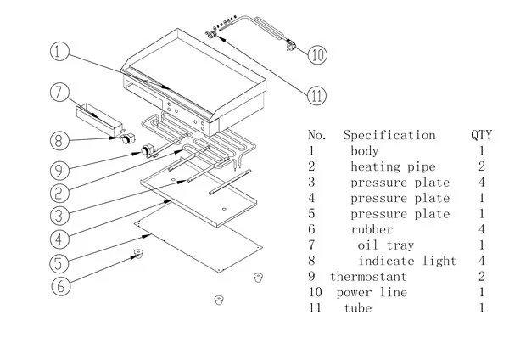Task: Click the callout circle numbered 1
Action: [59, 53]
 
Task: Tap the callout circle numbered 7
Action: [59, 93]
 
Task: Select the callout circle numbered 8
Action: [59, 140]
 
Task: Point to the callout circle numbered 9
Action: [59, 168]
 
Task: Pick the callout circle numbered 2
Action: [59, 190]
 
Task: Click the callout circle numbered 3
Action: [59, 214]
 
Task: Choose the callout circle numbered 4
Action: [59, 236]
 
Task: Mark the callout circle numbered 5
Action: [59, 261]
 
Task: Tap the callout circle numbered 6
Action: [59, 286]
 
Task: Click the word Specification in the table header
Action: [389, 135]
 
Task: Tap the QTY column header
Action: [481, 135]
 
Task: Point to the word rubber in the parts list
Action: [372, 229]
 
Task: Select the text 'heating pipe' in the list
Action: [389, 166]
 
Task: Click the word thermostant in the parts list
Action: [368, 277]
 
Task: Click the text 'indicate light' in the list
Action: [407, 261]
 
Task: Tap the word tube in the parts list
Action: [358, 307]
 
